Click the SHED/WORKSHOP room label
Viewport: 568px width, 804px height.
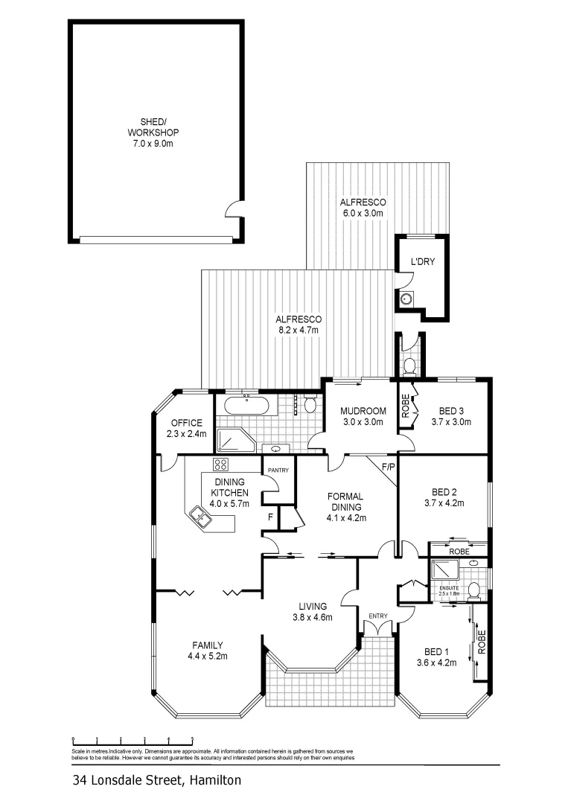pyautogui.click(x=155, y=132)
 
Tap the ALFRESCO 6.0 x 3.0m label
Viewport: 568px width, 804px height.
pyautogui.click(x=361, y=208)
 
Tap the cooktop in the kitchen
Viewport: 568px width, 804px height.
pyautogui.click(x=221, y=465)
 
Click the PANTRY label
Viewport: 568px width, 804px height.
pyautogui.click(x=278, y=470)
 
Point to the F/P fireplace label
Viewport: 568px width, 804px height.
pyautogui.click(x=387, y=468)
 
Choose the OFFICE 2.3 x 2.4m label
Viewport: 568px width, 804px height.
pyautogui.click(x=186, y=428)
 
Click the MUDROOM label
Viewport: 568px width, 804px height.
pyautogui.click(x=362, y=416)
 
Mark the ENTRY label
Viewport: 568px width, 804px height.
pyautogui.click(x=378, y=616)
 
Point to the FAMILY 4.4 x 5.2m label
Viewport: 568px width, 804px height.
pyautogui.click(x=208, y=650)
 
